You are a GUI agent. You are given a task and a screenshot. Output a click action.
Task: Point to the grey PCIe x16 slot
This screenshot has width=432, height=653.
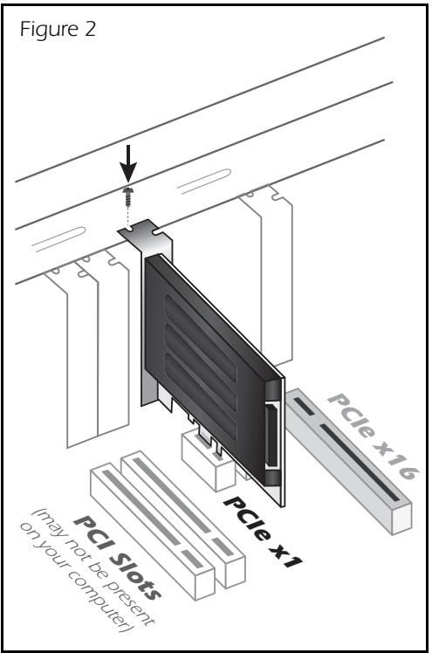click(349, 454)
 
